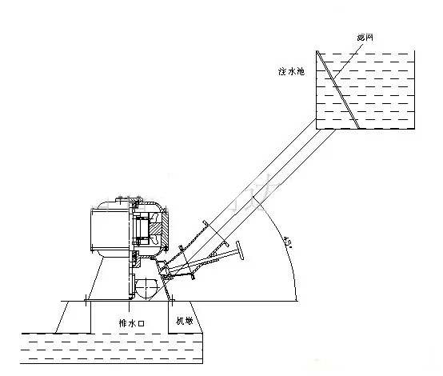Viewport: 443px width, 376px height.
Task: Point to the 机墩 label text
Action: tap(185, 321)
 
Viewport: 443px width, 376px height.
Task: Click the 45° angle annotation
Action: tap(286, 237)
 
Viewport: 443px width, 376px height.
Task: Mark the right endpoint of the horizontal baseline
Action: tap(297, 301)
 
